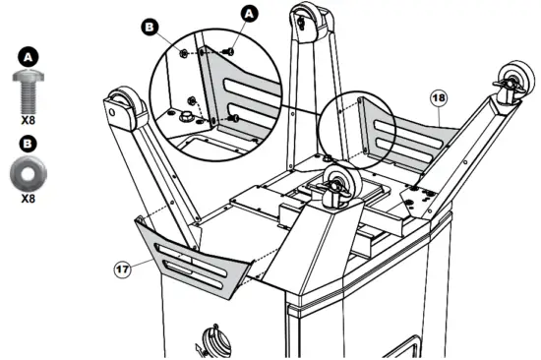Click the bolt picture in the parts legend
(27, 93)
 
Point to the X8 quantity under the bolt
(27, 122)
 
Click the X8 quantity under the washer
(27, 197)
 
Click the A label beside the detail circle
(249, 13)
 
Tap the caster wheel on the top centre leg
(305, 18)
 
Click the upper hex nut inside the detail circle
(184, 49)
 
